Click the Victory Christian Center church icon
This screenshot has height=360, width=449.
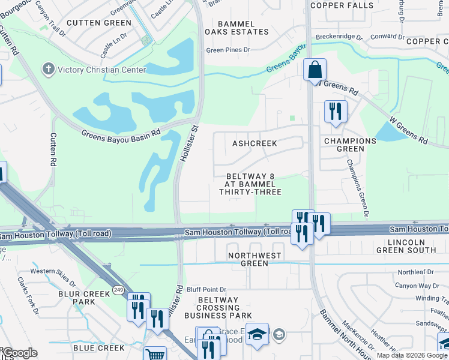tap(49, 69)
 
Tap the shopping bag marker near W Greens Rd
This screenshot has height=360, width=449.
tap(314, 70)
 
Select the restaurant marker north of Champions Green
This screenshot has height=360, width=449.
tap(335, 112)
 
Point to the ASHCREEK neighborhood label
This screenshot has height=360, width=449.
tap(255, 144)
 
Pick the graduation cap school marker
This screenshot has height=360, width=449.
tap(257, 334)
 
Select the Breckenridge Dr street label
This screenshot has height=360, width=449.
tap(339, 37)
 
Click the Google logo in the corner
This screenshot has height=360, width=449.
tap(19, 353)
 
